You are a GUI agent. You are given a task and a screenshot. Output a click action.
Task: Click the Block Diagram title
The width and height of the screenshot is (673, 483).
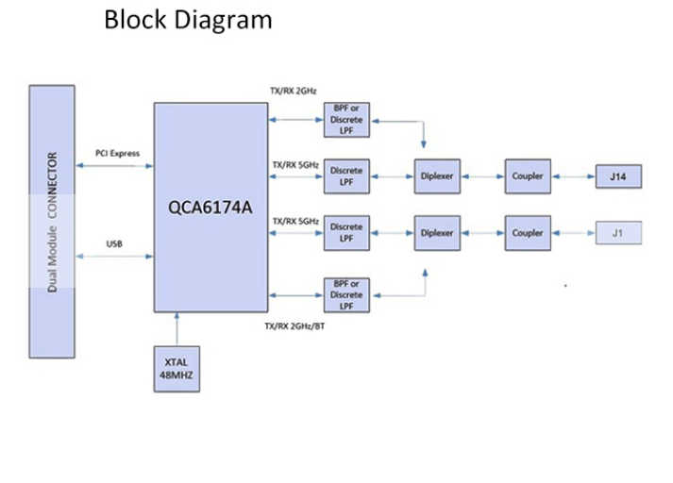(x=188, y=20)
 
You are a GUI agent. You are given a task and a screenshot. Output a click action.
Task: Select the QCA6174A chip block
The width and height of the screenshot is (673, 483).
(x=210, y=208)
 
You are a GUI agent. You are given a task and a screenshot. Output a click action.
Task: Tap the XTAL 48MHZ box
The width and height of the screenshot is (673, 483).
(x=177, y=369)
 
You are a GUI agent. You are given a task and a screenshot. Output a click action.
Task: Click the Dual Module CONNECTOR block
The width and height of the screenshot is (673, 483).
(x=52, y=222)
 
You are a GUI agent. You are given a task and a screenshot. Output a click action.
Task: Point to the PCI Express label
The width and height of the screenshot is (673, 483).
(x=117, y=153)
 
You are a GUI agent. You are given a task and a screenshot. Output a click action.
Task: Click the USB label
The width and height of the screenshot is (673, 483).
(x=114, y=244)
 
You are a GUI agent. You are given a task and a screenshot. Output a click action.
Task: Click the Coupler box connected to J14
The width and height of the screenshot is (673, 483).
(x=528, y=177)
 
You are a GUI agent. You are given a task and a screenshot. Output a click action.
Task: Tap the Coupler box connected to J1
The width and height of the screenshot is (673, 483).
(x=528, y=233)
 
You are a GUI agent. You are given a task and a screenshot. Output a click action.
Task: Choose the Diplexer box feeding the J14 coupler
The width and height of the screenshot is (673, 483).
(x=437, y=177)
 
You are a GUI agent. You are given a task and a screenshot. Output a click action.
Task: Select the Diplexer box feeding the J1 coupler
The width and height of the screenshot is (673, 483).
(x=437, y=233)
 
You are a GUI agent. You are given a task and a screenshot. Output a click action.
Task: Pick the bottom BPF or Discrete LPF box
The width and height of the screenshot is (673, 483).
(x=346, y=295)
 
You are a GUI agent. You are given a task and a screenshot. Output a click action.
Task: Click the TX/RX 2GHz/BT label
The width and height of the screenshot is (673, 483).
(x=302, y=326)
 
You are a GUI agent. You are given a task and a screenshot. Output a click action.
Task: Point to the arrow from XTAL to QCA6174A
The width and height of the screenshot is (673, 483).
(x=177, y=328)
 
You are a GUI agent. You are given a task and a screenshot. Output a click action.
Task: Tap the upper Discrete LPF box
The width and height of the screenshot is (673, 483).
(x=346, y=176)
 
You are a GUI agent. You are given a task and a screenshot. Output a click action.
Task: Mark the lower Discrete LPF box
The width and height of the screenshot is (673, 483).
(x=346, y=233)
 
